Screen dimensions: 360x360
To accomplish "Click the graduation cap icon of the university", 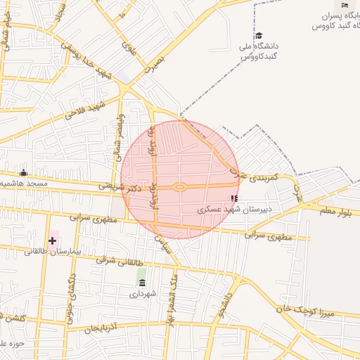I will (259, 36).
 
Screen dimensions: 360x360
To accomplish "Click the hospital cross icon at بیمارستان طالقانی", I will (52, 240).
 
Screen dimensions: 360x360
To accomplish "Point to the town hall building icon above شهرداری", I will (143, 283).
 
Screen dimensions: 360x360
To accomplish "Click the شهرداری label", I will (142, 295).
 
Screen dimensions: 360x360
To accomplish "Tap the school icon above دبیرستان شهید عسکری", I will (234, 199).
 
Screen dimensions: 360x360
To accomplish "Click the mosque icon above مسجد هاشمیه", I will (23, 173).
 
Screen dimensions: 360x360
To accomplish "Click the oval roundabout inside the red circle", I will (179, 187).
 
